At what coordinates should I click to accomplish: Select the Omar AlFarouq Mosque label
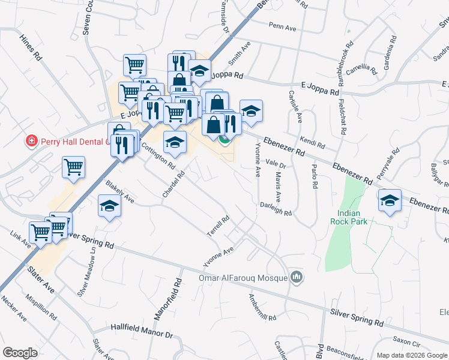(243, 278)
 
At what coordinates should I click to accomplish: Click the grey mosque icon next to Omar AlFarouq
(295, 277)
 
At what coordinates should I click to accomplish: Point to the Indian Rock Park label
(349, 217)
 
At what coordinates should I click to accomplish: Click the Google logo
(20, 353)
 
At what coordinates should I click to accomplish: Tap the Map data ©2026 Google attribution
(412, 355)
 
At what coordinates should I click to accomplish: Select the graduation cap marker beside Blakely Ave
(109, 206)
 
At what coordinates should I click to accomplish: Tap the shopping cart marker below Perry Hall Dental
(74, 168)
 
